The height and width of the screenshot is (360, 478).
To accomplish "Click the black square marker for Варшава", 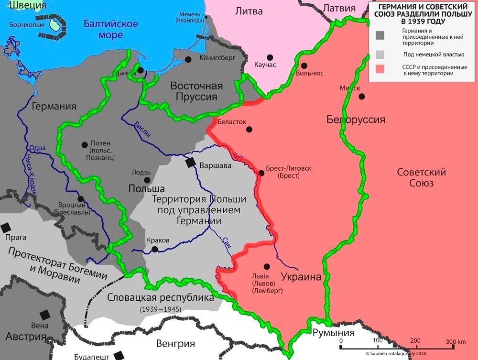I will [x=191, y=163].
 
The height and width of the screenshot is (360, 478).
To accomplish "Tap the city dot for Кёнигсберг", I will [x=188, y=59].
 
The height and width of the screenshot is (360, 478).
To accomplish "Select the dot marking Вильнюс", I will [x=304, y=65].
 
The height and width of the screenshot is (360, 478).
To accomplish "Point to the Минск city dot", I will [x=362, y=97].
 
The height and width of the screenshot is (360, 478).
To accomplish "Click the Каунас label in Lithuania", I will [x=265, y=65].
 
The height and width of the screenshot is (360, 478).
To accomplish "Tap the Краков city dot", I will [x=154, y=249].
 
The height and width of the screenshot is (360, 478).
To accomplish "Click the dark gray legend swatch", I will [x=380, y=35].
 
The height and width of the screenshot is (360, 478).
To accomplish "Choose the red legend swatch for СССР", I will [x=380, y=70].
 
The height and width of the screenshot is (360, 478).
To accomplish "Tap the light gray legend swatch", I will [x=380, y=54].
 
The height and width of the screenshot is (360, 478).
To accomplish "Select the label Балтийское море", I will [x=110, y=29].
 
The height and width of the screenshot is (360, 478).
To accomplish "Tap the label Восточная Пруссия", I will [x=197, y=91].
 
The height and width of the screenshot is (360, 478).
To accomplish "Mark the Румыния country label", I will [x=333, y=333].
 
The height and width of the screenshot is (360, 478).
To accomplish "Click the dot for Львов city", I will [x=266, y=266].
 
